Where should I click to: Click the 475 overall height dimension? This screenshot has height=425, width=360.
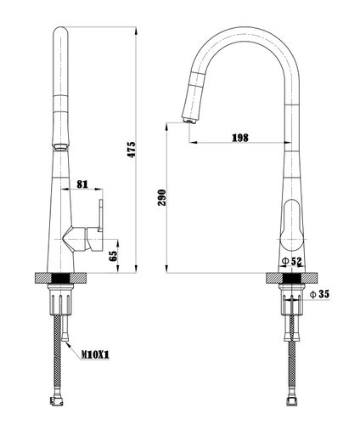pyautogui.click(x=132, y=150)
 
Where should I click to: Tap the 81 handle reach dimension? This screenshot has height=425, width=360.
pyautogui.click(x=82, y=184)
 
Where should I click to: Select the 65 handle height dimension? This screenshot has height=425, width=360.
pyautogui.click(x=113, y=256)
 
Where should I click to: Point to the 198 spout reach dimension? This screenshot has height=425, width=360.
pyautogui.click(x=240, y=138)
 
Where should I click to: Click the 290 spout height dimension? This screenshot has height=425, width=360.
pyautogui.click(x=162, y=197)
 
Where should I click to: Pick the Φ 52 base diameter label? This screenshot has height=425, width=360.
pyautogui.click(x=292, y=261)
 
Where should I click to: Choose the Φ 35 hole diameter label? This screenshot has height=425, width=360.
pyautogui.click(x=320, y=294)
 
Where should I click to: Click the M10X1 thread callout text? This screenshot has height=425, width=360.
pyautogui.click(x=95, y=354)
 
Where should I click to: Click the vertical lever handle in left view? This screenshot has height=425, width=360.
pyautogui.click(x=100, y=215)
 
